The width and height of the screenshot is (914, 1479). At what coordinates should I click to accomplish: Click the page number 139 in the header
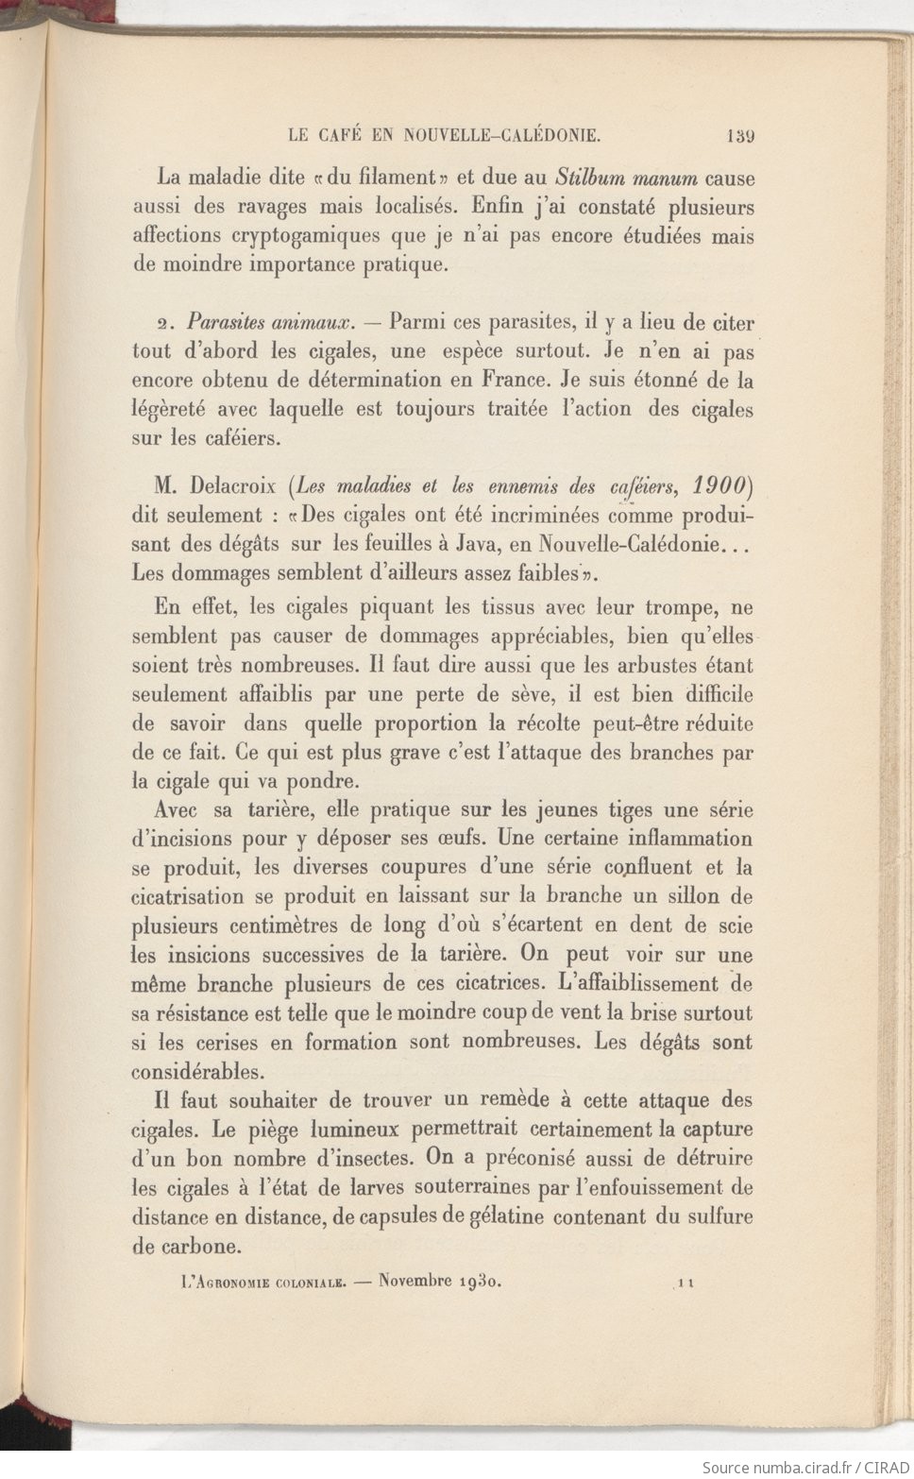[740, 135]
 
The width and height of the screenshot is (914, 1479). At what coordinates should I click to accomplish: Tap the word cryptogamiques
[313, 235]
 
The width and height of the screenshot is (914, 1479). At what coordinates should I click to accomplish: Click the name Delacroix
[235, 486]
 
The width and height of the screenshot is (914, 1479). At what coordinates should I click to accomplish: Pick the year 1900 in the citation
[719, 485]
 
